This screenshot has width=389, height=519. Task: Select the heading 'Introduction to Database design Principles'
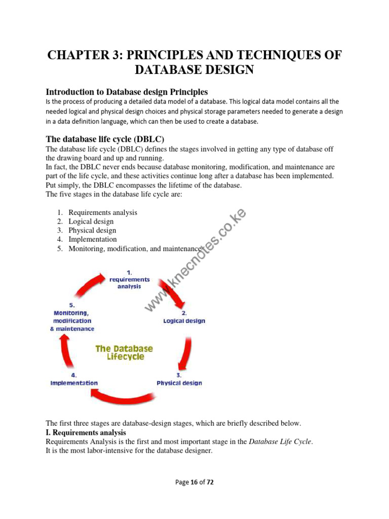pos(127,92)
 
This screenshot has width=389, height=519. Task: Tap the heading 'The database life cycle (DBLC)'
pos(105,139)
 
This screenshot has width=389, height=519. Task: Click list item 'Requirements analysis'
pos(102,212)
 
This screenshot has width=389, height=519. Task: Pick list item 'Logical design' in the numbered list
pos(91,221)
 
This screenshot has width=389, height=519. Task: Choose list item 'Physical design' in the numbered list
pos(92,230)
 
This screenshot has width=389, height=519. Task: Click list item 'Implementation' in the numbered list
pos(92,239)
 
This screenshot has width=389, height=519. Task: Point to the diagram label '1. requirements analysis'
pos(130,279)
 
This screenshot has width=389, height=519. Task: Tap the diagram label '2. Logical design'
pos(184,317)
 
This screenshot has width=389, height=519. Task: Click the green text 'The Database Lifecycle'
pos(125,353)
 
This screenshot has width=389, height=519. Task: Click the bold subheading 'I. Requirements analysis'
pos(86,432)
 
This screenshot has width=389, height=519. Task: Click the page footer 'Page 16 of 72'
pos(194,483)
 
